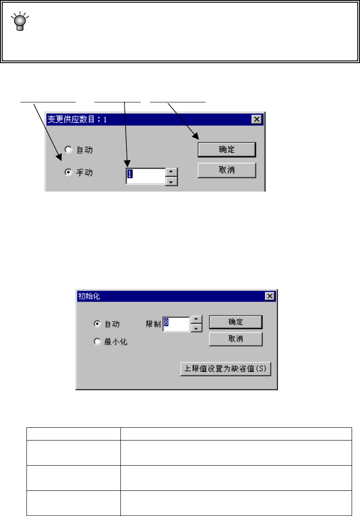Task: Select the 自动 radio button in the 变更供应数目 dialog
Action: point(68,150)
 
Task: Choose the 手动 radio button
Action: point(68,173)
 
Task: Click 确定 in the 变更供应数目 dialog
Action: point(227,150)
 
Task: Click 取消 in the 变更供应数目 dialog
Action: point(227,170)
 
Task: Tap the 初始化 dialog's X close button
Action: point(270,296)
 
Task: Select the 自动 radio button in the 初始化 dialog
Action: point(97,324)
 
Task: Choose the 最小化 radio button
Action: point(97,342)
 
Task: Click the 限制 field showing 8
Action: point(176,323)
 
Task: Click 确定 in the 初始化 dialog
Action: point(235,322)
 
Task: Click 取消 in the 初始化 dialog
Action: point(235,339)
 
